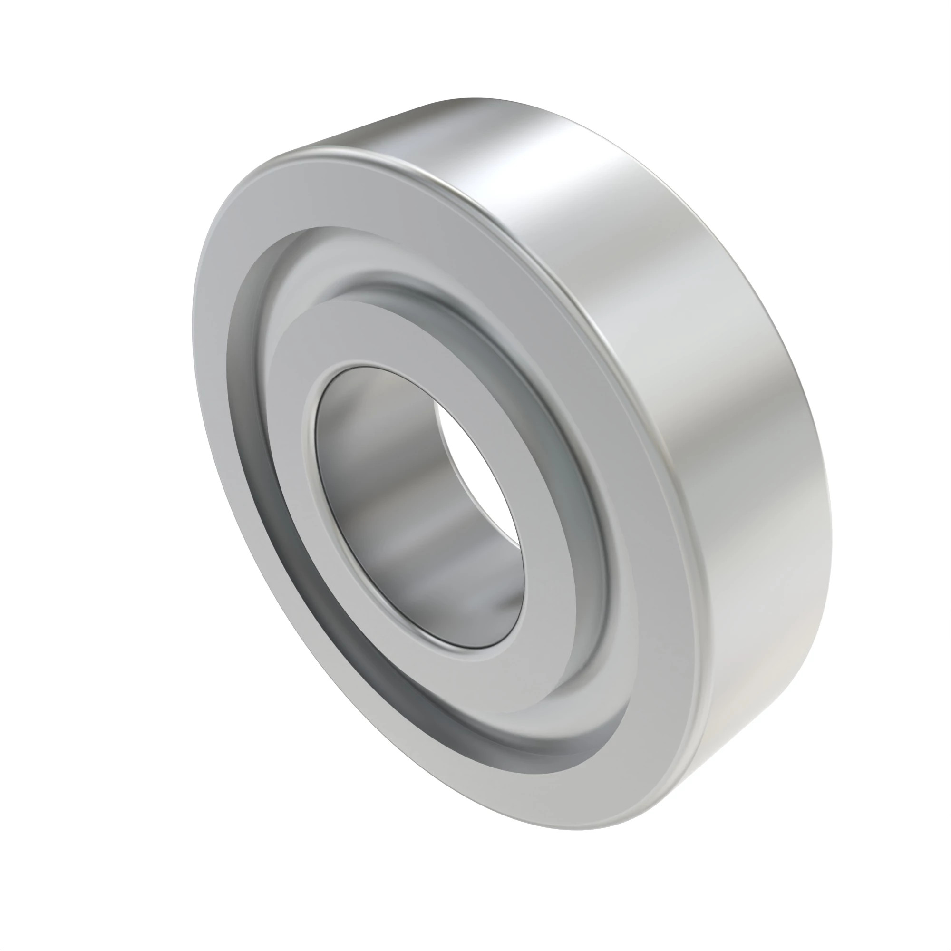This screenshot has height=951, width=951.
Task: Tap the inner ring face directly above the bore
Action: pyautogui.click(x=374, y=335)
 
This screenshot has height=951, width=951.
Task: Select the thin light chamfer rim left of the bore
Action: pyautogui.click(x=310, y=473)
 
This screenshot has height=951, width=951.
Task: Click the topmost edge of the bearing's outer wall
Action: pyautogui.click(x=473, y=98)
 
